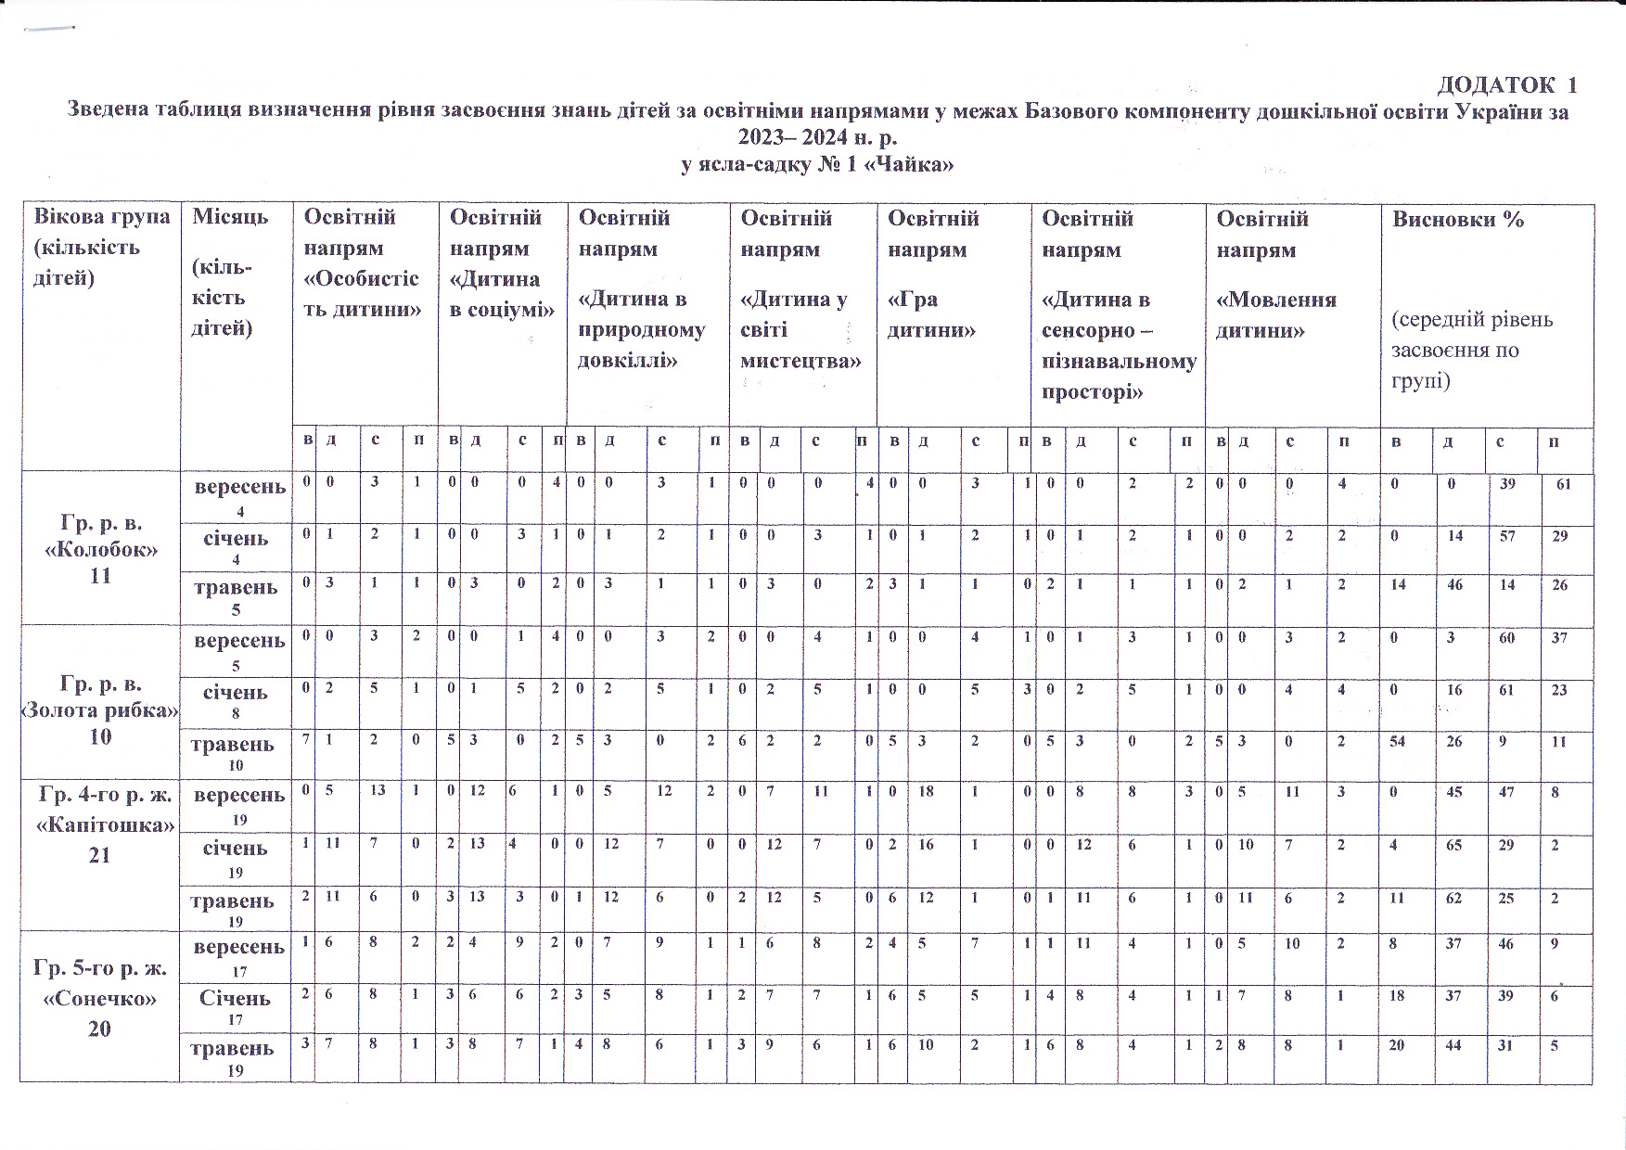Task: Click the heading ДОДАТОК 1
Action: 1506,85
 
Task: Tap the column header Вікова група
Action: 101,247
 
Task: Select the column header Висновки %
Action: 1457,220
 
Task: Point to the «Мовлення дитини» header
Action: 1275,274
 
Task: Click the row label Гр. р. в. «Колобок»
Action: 100,548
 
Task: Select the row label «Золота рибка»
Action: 100,709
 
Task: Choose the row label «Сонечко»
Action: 100,998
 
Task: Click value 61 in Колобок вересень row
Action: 1563,484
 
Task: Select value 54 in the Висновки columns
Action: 1397,742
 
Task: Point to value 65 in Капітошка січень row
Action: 1453,845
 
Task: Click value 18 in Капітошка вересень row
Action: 926,791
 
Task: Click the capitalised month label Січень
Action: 235,998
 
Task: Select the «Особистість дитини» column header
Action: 362,263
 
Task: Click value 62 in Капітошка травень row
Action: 1453,898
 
